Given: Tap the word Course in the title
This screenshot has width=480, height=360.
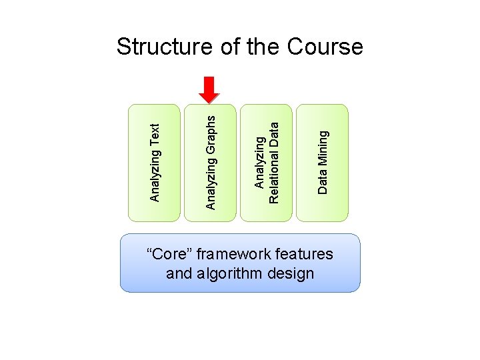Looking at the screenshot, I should coord(325,47).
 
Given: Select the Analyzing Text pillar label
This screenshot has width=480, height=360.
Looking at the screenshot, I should coord(155,162).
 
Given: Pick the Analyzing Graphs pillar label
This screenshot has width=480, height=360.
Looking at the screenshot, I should coord(211,162).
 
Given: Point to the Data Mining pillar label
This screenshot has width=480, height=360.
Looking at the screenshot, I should coord(323,162).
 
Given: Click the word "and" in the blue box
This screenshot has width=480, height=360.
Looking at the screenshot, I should coord(178,273).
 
